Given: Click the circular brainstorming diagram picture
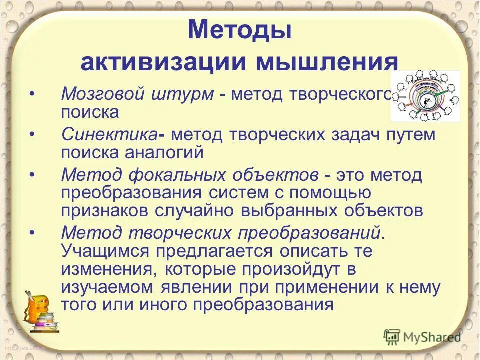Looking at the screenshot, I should (425, 95).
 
